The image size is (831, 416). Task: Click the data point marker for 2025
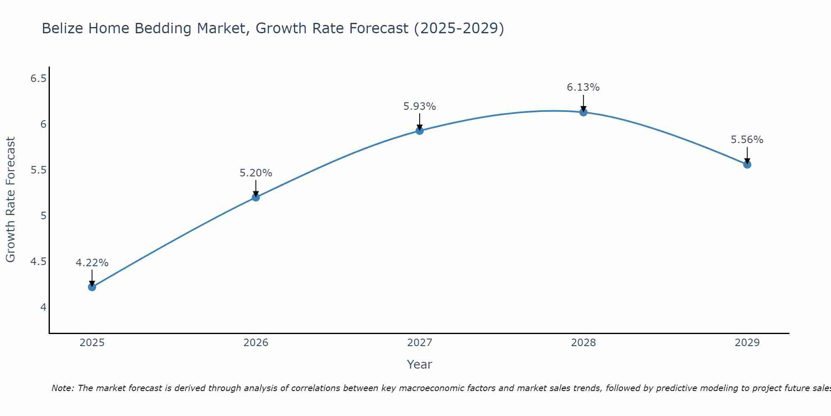click(92, 287)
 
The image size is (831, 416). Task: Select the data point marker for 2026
click(256, 197)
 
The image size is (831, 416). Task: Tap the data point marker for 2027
click(420, 131)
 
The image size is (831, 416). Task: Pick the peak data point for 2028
click(583, 112)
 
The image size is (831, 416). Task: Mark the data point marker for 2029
click(747, 164)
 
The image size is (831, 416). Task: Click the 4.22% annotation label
click(92, 263)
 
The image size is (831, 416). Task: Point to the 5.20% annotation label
click(256, 173)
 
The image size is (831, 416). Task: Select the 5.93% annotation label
click(420, 106)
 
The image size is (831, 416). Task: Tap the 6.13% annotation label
click(583, 87)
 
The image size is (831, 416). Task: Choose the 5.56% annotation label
click(747, 140)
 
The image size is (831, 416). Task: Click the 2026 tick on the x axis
click(256, 343)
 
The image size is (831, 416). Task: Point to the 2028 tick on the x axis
click(583, 343)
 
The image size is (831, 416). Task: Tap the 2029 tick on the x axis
click(747, 343)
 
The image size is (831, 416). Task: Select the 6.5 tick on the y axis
click(38, 78)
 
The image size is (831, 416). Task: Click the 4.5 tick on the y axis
click(38, 262)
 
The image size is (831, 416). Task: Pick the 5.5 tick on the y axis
click(38, 170)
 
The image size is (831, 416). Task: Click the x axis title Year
click(420, 364)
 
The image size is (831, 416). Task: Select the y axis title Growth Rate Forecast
click(10, 200)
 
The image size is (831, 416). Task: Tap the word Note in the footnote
click(62, 388)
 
